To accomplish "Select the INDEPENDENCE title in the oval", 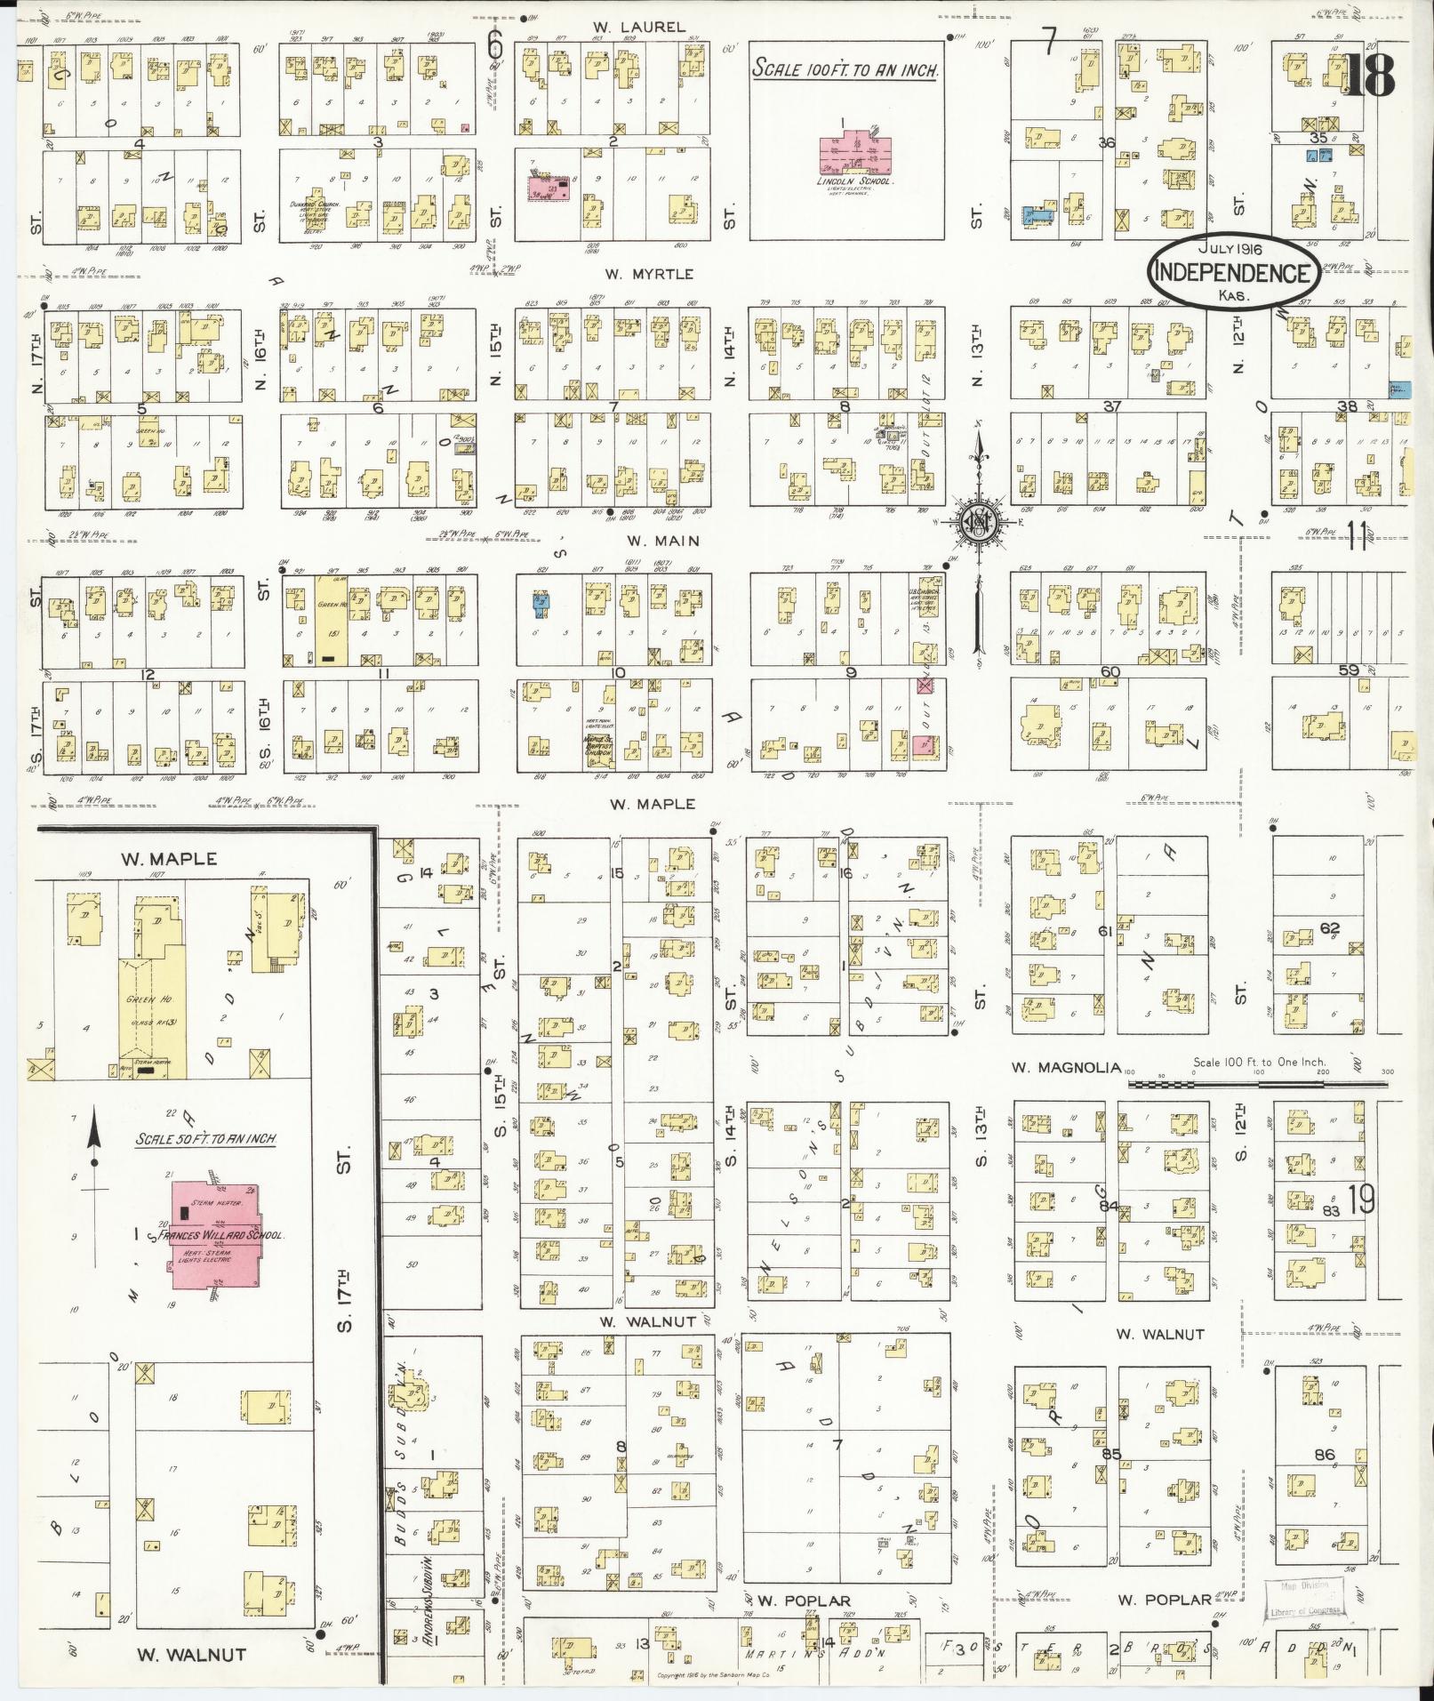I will pyautogui.click(x=1231, y=273).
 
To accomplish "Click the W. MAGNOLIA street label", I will pyautogui.click(x=1066, y=1067).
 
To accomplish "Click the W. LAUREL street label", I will pyautogui.click(x=639, y=28).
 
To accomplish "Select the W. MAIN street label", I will pyautogui.click(x=662, y=541).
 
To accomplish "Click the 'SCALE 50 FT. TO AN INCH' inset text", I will pyautogui.click(x=205, y=1138).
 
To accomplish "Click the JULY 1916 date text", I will pyautogui.click(x=1230, y=250).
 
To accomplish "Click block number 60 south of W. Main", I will pyautogui.click(x=1109, y=671).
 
